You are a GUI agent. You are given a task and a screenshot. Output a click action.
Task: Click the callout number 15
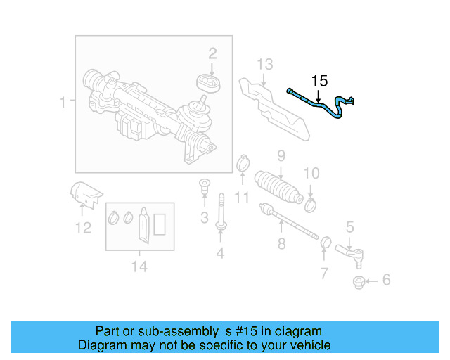pos(319,81)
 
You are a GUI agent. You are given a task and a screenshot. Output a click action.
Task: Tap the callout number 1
pos(63,103)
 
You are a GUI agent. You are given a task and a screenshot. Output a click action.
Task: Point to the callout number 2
pos(212,53)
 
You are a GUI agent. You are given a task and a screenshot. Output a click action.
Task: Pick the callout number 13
pos(264,65)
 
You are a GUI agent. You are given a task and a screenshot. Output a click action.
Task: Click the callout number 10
pos(311,173)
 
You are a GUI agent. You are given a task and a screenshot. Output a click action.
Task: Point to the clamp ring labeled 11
pos(242,165)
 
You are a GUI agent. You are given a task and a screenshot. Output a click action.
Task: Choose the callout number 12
pos(83,227)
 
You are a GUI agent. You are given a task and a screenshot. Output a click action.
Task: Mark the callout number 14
pos(139,266)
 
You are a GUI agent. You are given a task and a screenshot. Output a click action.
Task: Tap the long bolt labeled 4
pos(221,212)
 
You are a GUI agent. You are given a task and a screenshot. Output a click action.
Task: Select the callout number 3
pos(204,218)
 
